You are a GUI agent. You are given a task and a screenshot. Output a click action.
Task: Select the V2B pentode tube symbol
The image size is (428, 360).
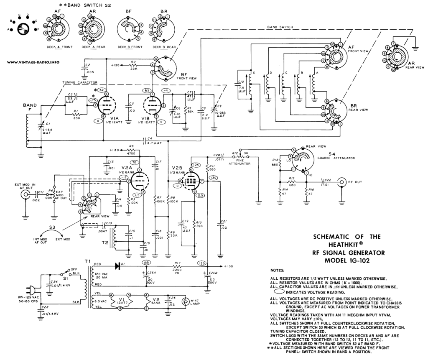192,181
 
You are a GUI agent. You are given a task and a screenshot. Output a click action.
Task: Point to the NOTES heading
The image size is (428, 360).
278,271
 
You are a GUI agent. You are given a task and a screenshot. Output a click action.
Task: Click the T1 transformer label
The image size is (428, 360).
87,261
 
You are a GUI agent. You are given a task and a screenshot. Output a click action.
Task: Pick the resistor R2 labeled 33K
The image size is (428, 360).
134,65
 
